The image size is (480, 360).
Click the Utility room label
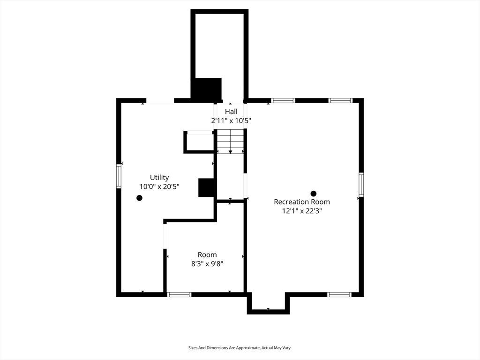click(159, 178)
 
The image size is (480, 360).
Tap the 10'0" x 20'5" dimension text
click(159, 187)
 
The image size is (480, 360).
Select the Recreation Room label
click(302, 202)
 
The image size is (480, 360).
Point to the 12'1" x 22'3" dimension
click(302, 211)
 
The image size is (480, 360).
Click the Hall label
click(231, 112)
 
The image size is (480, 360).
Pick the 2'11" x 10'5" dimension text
click(231, 120)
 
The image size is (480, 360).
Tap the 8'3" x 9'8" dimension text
click(207, 263)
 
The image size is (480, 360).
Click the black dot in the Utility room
click(139, 198)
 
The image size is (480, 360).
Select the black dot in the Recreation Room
click(314, 194)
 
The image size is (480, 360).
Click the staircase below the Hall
click(231, 141)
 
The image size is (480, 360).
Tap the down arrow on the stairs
click(231, 152)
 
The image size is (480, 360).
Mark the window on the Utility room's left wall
click(119, 176)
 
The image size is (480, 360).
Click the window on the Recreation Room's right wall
click(361, 184)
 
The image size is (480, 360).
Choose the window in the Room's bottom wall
click(179, 294)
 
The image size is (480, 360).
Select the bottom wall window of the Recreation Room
click(339, 294)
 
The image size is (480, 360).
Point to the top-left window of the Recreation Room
click(283, 100)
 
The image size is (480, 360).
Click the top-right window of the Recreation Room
click(340, 100)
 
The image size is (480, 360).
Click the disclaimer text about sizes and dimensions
click(240, 348)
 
